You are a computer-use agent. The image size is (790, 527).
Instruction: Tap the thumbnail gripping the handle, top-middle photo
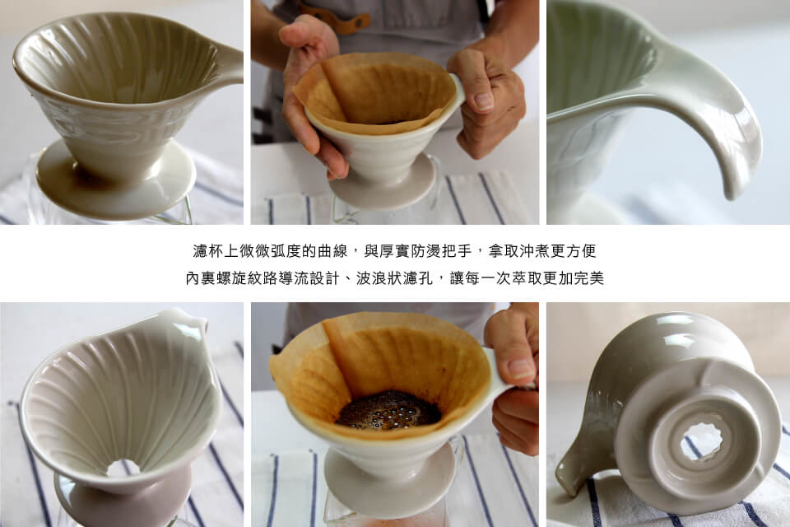point(484,100)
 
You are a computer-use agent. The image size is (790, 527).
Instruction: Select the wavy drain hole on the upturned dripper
point(701,441)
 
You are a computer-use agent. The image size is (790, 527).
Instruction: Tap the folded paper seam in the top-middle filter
point(347,90)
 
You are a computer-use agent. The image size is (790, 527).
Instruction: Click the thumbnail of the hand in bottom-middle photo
point(519,369)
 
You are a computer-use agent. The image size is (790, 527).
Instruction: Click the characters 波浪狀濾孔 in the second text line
point(394,277)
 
